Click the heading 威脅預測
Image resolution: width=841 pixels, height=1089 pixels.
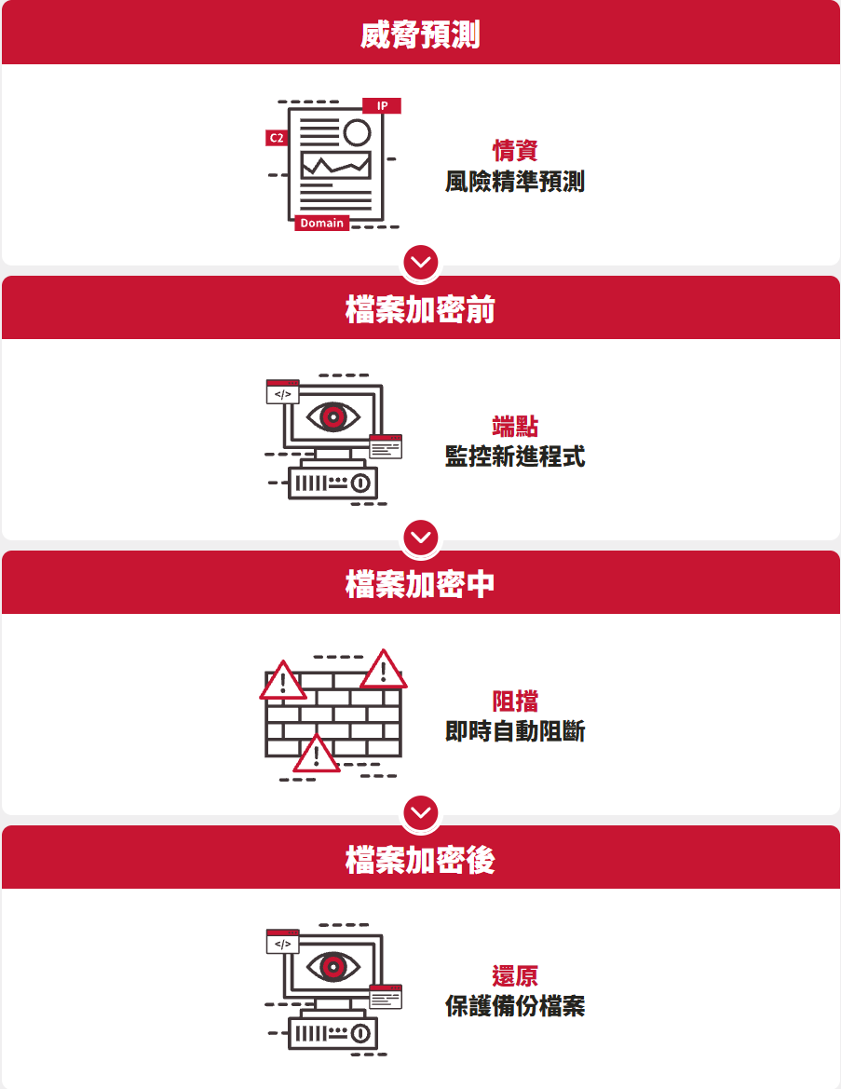click(x=420, y=35)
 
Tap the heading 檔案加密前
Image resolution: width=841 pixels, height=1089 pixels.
click(x=420, y=310)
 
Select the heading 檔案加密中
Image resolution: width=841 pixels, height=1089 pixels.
click(x=420, y=585)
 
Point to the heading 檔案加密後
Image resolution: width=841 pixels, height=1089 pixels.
click(x=420, y=860)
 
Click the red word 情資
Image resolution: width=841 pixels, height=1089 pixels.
click(x=515, y=151)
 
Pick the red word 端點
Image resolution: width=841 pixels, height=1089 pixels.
click(x=515, y=427)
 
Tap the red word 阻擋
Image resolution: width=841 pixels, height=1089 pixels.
click(x=515, y=701)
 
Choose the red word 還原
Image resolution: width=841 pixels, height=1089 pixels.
click(x=515, y=976)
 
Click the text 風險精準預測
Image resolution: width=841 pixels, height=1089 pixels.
click(x=515, y=182)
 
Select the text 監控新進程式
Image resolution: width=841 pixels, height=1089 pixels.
click(x=515, y=456)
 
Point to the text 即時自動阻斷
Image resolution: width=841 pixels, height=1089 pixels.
click(x=515, y=731)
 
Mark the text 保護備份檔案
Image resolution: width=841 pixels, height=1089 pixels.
click(x=515, y=1006)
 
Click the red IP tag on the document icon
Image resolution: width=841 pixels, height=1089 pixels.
click(x=382, y=106)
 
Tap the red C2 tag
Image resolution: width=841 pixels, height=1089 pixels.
click(x=277, y=138)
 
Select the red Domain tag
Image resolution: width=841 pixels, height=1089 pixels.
click(x=322, y=223)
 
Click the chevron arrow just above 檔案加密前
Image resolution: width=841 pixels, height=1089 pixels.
click(x=422, y=262)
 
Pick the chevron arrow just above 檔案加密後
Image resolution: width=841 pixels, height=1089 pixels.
click(x=422, y=812)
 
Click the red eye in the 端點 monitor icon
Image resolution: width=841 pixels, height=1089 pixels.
click(x=332, y=415)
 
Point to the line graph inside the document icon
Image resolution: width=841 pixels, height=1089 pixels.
click(x=335, y=166)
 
